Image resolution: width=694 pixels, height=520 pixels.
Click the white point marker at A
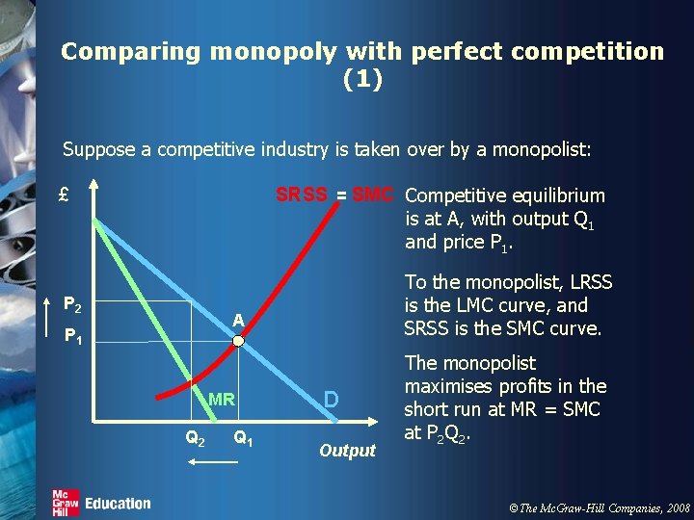click(238, 340)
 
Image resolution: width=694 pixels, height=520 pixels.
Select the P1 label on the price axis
click(70, 337)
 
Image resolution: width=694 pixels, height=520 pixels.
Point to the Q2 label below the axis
click(194, 438)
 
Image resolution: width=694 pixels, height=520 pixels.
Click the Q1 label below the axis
click(243, 438)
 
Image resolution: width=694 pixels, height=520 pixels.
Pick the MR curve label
click(222, 399)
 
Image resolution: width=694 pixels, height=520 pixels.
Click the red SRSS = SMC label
click(334, 195)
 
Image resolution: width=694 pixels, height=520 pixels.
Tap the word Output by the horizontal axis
click(347, 450)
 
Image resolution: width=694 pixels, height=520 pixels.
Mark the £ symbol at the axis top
click(64, 194)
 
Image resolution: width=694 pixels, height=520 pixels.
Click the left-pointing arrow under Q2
click(212, 463)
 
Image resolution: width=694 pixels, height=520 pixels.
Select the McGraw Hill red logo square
click(65, 503)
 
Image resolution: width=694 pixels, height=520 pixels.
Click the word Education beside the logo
click(118, 503)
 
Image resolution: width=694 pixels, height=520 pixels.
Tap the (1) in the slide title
click(362, 79)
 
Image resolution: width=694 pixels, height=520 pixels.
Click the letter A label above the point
click(236, 321)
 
